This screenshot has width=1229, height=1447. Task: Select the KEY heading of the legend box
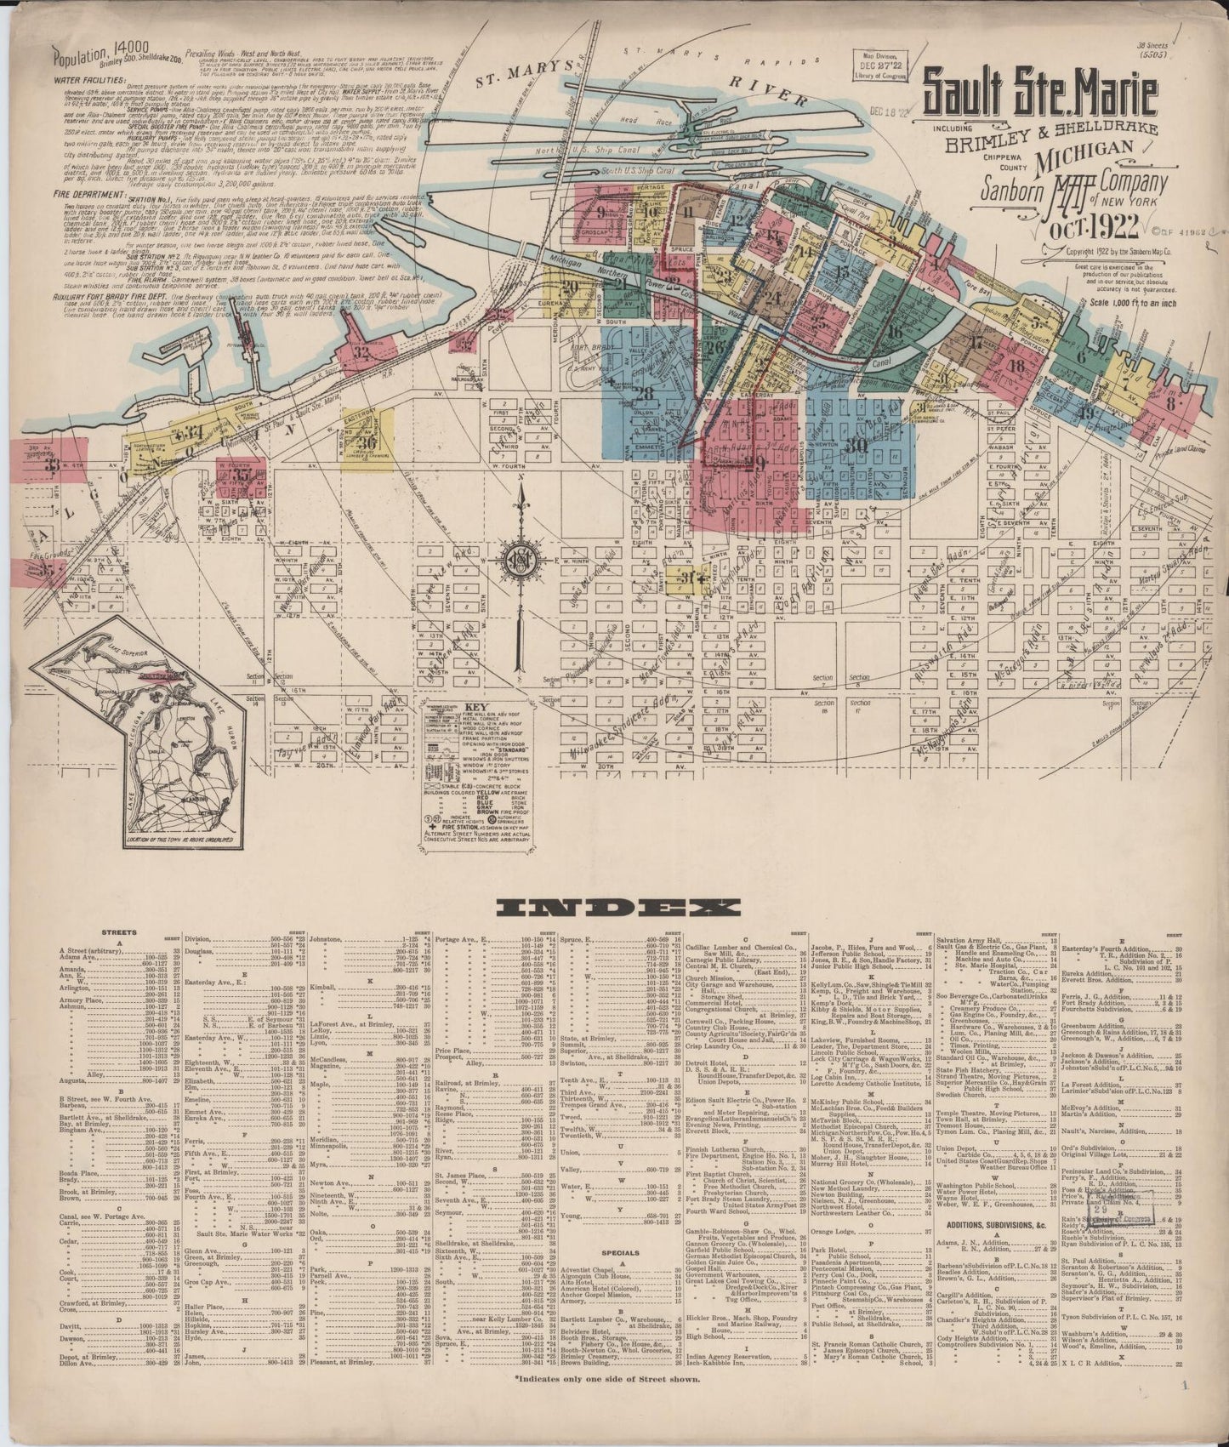click(473, 708)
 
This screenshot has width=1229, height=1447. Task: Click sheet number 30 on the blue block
click(856, 444)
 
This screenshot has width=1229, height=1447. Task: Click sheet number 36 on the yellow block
click(367, 441)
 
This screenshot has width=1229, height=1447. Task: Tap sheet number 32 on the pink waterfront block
click(362, 350)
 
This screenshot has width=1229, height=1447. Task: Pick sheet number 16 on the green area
click(893, 332)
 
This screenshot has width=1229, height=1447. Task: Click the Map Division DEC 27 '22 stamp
click(879, 67)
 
